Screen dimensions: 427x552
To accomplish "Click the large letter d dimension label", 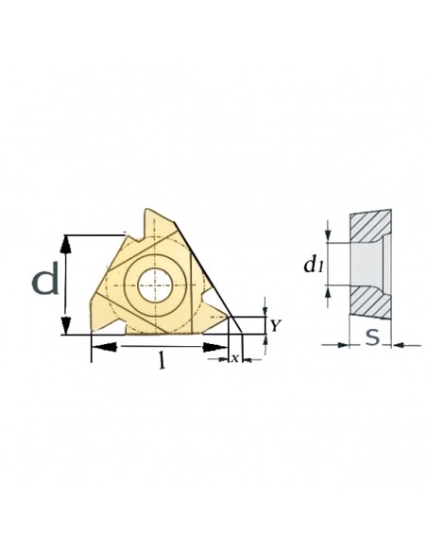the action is [x=45, y=280].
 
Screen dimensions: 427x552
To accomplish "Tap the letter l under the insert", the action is [x=162, y=360].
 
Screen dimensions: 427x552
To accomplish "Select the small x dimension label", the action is [x=235, y=358].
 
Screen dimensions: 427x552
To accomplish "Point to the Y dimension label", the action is [x=276, y=326].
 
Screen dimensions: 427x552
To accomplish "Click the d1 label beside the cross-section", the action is [x=314, y=265].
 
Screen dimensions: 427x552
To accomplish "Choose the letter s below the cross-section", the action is [x=372, y=336].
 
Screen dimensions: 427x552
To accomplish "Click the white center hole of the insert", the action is [x=155, y=285].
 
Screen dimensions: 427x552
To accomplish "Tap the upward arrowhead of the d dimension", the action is [x=65, y=244].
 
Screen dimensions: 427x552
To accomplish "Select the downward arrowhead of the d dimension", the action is [x=65, y=325].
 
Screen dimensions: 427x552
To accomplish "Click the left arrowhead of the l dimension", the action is [x=104, y=347].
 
